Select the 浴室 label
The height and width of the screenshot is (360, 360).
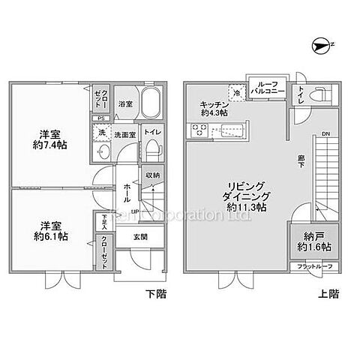[125, 104]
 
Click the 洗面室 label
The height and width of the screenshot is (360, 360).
[125, 135]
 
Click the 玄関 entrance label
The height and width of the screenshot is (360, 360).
[140, 237]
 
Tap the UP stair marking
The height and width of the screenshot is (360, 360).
[135, 211]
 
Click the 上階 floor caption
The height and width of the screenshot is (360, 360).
[329, 294]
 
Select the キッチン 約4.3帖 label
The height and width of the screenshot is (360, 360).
[214, 108]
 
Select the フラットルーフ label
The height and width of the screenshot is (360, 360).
[315, 266]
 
